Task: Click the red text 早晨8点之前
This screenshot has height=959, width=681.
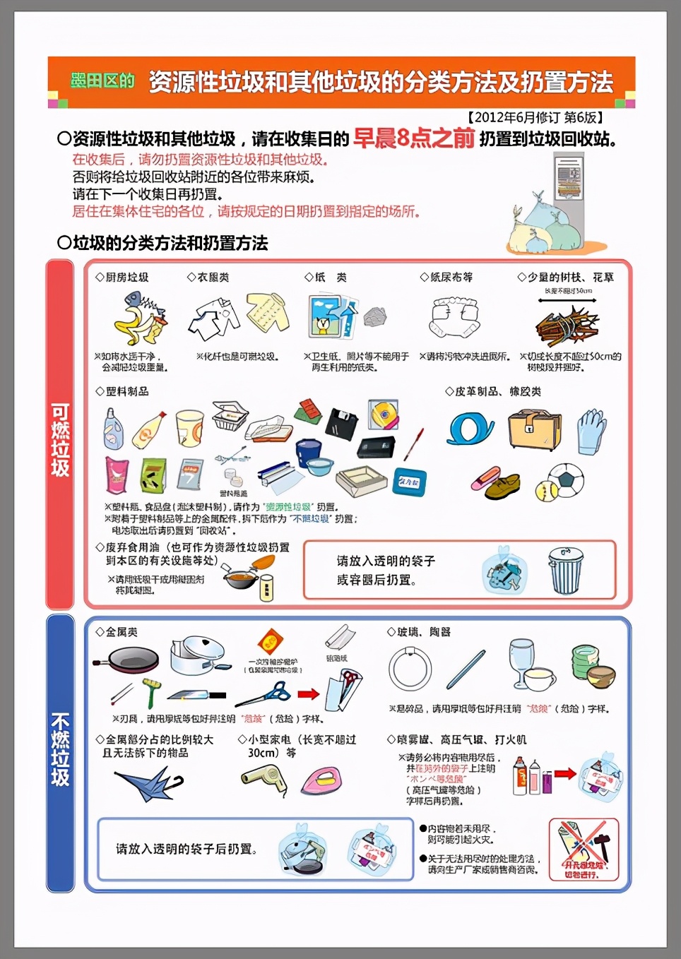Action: coord(413,138)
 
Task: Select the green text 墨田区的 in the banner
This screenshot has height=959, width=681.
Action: coord(102,81)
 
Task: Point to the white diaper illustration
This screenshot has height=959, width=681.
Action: coord(454,318)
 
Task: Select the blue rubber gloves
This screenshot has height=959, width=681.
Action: coord(591,430)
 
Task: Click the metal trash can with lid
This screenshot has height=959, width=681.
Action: coord(566,572)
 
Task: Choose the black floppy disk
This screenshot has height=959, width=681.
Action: coord(343,423)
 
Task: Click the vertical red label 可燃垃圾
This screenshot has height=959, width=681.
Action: coord(60,439)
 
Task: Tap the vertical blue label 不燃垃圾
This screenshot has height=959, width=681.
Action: coord(60,749)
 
